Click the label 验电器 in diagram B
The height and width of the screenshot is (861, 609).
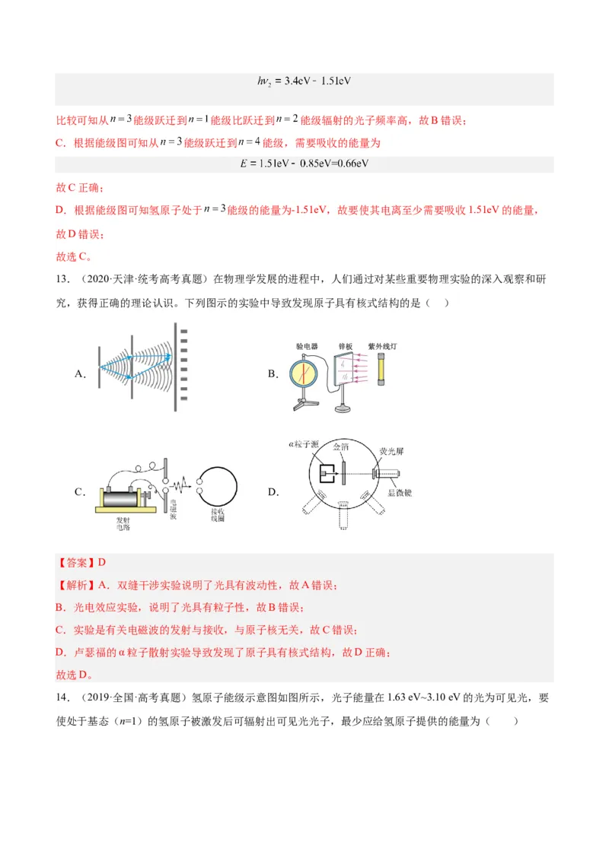point(307,347)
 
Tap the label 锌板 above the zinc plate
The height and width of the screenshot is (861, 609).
point(346,347)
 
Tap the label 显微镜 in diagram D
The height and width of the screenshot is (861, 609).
point(399,492)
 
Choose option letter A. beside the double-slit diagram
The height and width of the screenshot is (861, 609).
point(80,373)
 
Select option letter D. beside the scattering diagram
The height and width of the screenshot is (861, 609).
point(273,492)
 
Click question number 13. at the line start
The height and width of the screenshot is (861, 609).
point(63,280)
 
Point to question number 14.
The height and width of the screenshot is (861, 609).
point(63,697)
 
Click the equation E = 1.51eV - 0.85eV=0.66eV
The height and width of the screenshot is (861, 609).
point(304,163)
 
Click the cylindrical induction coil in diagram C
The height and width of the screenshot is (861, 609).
point(125,500)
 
